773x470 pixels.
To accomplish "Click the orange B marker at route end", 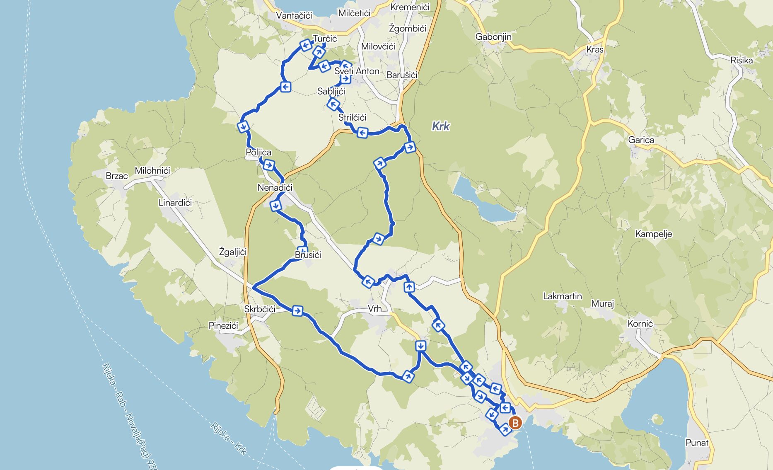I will click(515, 423).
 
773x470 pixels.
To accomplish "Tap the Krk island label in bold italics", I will click(440, 126).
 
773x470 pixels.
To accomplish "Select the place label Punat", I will click(697, 443).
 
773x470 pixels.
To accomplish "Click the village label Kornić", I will click(640, 324).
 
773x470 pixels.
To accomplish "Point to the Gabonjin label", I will click(493, 37).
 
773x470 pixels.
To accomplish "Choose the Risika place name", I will click(741, 61).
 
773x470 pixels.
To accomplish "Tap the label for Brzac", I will click(116, 176).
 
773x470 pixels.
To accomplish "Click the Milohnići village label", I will click(152, 171).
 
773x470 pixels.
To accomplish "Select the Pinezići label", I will click(223, 326).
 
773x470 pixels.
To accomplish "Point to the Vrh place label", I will click(374, 309).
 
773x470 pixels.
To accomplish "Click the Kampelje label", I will click(653, 234).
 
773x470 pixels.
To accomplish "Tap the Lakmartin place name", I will click(562, 296).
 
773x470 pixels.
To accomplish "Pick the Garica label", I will click(641, 140).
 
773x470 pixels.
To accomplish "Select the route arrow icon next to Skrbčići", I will click(297, 310).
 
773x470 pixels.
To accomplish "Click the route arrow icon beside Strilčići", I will click(362, 132).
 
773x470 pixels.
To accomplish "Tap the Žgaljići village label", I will click(233, 252).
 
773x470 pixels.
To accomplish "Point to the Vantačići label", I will click(294, 16).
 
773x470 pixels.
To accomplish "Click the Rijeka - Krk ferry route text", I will click(228, 438).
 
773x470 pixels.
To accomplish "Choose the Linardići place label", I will click(175, 203).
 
